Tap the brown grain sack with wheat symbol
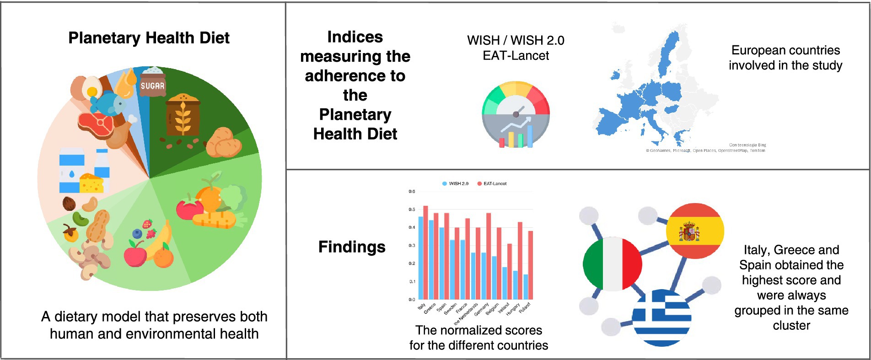coord(183,116)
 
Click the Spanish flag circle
coord(695,231)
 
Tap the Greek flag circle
coord(661,317)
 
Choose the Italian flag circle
coord(612,264)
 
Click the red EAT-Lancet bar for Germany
coord(489,256)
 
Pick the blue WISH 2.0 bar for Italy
coord(421,258)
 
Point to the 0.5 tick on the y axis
coord(412,210)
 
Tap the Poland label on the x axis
coord(525,306)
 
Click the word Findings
coord(352,247)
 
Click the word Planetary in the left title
coord(104,38)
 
